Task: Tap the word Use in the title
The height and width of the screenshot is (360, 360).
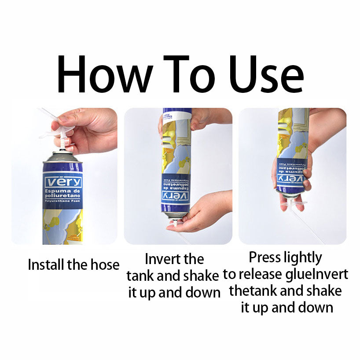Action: coord(267,74)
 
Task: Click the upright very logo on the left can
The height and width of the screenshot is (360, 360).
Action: coord(63,182)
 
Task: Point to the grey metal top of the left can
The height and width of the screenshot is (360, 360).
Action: coord(62,157)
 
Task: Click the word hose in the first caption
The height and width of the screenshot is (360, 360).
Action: coord(105,264)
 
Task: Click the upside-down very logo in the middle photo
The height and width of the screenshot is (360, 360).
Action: coord(176,195)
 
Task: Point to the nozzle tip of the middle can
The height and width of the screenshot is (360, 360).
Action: coord(175,223)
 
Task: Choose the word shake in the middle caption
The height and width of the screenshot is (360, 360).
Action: coord(202,276)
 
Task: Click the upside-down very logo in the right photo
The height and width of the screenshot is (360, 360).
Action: coord(290,179)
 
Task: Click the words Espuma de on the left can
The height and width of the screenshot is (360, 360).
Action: coord(62,191)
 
